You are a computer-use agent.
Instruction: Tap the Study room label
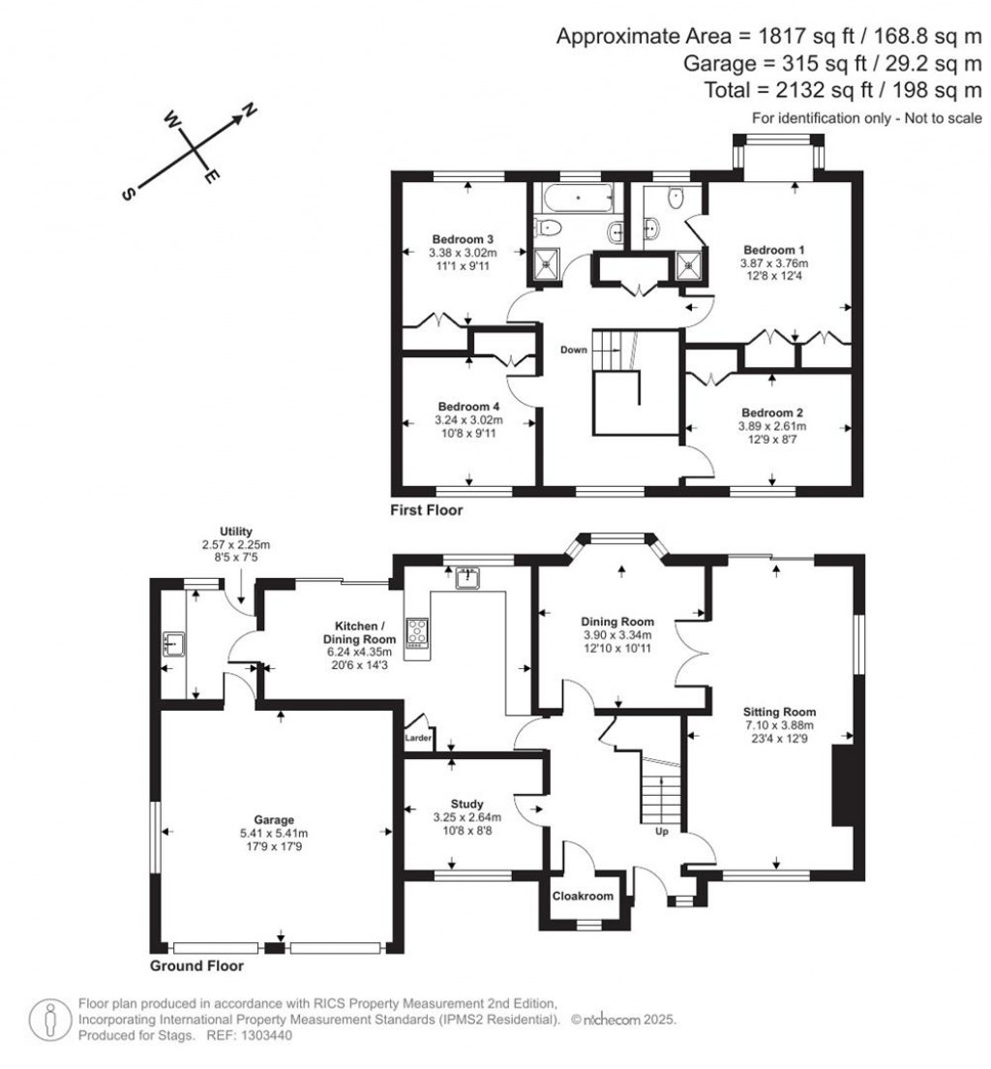point(472,803)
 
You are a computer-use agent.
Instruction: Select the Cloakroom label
point(583,897)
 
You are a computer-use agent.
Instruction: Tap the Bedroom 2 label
point(771,412)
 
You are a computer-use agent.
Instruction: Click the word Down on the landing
point(571,350)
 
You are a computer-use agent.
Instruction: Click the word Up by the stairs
point(663,831)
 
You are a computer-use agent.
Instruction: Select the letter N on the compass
point(248,111)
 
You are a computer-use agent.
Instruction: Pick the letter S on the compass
point(127,194)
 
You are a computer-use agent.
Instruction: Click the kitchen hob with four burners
point(419,634)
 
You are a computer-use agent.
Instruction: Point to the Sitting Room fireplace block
point(845,784)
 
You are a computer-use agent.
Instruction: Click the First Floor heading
point(427,509)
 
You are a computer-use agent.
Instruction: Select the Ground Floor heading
point(196,965)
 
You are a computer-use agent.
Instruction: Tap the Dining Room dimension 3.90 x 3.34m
point(617,635)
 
